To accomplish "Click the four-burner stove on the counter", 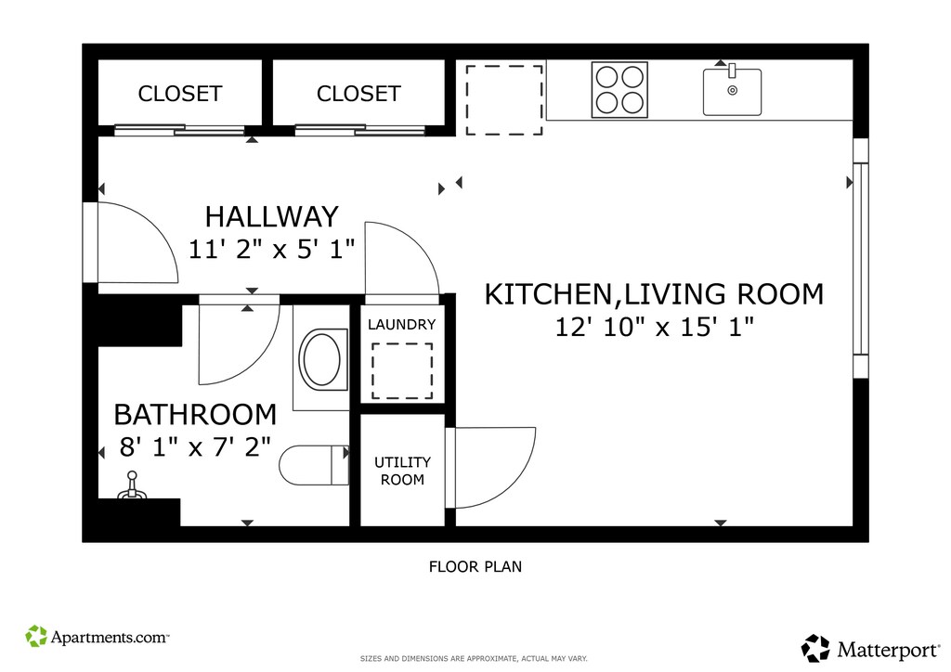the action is (619, 90).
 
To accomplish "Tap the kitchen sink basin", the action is (732, 92).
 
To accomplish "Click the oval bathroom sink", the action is (320, 359).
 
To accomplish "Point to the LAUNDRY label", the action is (401, 324).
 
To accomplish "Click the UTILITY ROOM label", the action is (402, 471).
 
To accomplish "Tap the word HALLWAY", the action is (272, 216).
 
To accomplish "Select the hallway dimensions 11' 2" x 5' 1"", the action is (271, 249).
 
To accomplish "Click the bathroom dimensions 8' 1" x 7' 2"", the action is (195, 447).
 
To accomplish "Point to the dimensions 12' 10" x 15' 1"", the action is (655, 328).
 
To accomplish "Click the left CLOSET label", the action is (179, 94).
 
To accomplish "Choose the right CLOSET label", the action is (358, 94).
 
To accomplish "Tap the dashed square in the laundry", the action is (402, 371).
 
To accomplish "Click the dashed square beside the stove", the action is (504, 100).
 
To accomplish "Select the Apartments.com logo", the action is (97, 636).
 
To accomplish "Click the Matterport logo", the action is (871, 649).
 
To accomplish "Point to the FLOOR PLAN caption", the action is (475, 566).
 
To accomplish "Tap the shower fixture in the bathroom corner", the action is (132, 486).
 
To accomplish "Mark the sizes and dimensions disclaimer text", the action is (474, 659).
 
